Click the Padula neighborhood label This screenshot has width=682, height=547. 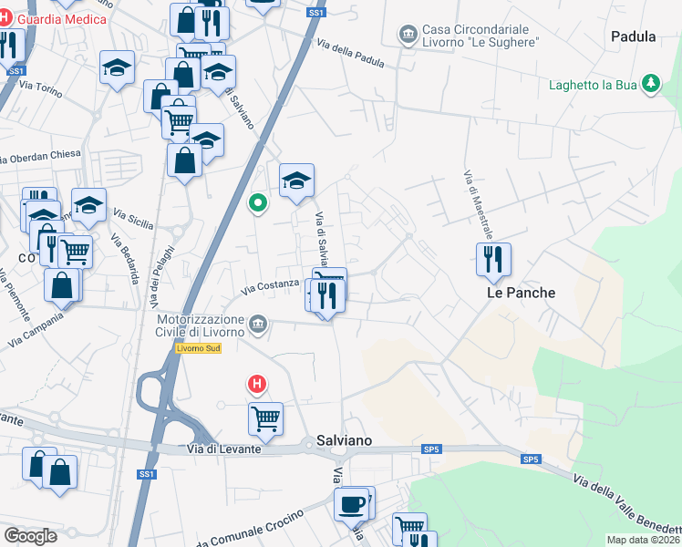(x=635, y=37)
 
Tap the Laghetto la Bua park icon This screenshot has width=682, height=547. (x=650, y=86)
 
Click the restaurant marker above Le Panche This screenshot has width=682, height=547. (x=493, y=258)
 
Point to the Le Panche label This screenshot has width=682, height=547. (x=521, y=293)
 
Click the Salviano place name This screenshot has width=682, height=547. (x=344, y=440)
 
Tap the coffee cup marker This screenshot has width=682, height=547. (x=352, y=502)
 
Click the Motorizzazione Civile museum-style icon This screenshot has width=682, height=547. (x=259, y=324)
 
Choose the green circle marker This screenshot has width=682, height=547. (x=259, y=202)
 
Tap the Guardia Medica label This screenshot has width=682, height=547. (x=62, y=19)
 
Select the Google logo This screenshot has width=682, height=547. (x=30, y=535)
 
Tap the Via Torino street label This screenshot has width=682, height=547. (x=39, y=88)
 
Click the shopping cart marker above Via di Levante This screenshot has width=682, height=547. (x=265, y=418)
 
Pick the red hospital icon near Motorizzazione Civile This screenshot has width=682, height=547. (x=258, y=385)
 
